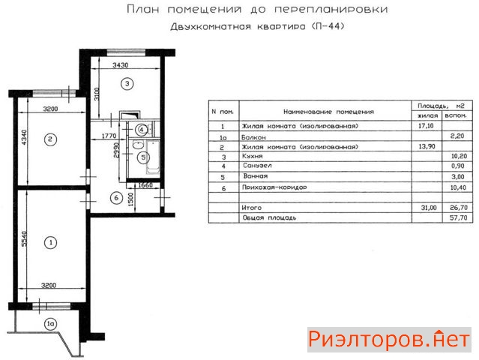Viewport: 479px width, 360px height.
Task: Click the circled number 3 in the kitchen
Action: (127, 83)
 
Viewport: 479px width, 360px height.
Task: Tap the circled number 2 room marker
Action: (51, 139)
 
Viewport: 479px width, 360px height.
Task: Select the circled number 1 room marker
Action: (51, 242)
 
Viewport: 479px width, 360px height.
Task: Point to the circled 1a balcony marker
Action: (51, 324)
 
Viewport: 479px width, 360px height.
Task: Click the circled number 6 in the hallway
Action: (116, 198)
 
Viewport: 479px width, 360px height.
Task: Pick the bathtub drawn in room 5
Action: (153, 157)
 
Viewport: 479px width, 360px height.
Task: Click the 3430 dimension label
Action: (121, 65)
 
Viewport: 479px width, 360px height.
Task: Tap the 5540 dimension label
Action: (25, 238)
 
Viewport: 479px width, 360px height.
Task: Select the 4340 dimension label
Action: (25, 137)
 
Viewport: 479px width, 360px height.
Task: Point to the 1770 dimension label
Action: (109, 136)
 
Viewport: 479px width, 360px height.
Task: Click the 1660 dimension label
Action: (145, 185)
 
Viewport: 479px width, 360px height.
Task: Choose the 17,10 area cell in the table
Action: (426, 125)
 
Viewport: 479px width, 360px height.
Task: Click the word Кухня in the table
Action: (253, 156)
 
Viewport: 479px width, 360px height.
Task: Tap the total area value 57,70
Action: (459, 217)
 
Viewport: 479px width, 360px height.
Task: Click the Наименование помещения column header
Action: (328, 112)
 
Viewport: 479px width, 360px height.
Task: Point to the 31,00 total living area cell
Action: (429, 208)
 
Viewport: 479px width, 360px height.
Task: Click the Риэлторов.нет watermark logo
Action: (389, 340)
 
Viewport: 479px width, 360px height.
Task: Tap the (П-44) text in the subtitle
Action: (328, 26)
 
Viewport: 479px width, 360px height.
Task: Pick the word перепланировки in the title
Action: (331, 9)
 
